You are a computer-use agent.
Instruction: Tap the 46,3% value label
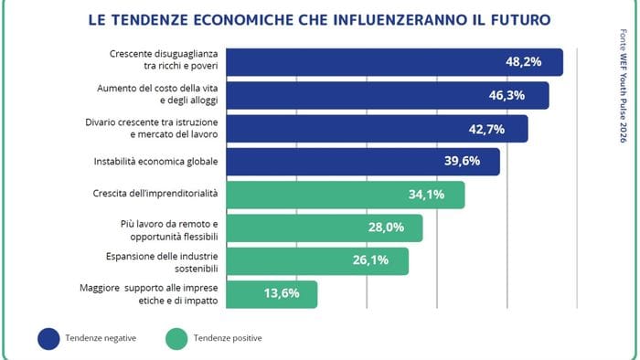coord(513,95)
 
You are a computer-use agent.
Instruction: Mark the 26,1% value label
coord(372,260)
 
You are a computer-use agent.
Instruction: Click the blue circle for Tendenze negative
coord(48,338)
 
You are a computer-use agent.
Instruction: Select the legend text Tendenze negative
coord(101,338)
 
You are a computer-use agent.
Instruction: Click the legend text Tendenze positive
coord(228,338)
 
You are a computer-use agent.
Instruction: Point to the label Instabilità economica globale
coord(155,162)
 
